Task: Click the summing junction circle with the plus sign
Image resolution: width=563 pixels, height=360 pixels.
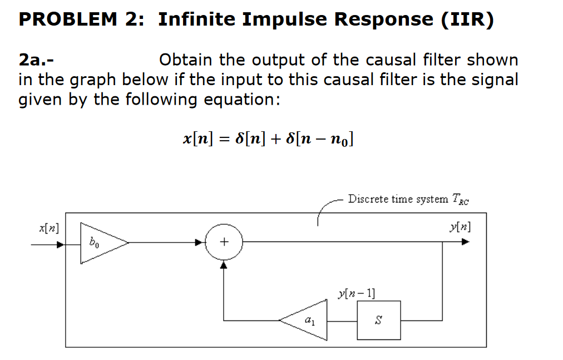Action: tap(224, 243)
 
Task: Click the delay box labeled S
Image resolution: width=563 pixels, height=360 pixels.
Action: tap(378, 320)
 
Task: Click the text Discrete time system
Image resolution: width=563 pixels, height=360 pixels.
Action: tap(398, 199)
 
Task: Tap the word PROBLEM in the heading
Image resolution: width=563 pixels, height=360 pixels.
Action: tap(68, 19)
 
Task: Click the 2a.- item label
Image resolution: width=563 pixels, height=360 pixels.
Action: tap(37, 60)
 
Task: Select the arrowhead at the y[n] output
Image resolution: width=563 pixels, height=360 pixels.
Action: tap(465, 243)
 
